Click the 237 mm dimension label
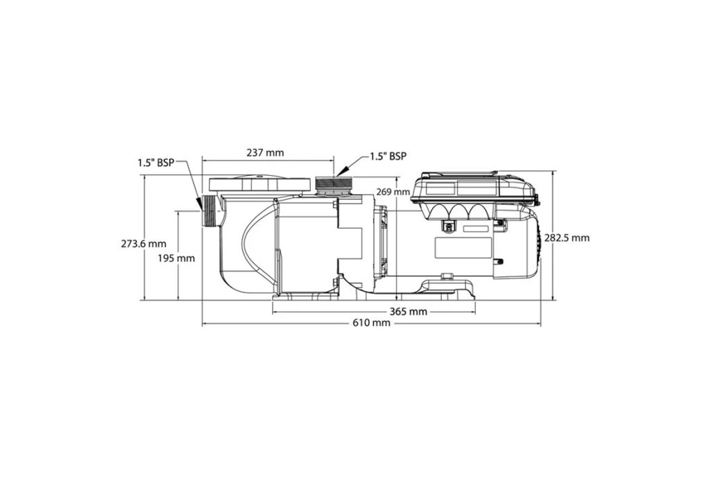pos(265,153)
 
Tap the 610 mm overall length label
pos(371,324)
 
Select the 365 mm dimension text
pos(409,312)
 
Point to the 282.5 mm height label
pos(567,238)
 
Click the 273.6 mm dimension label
pos(144,244)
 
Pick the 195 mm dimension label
pos(176,258)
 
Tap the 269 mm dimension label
pos(393,192)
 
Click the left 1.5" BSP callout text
pos(156,162)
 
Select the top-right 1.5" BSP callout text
pos(388,156)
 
